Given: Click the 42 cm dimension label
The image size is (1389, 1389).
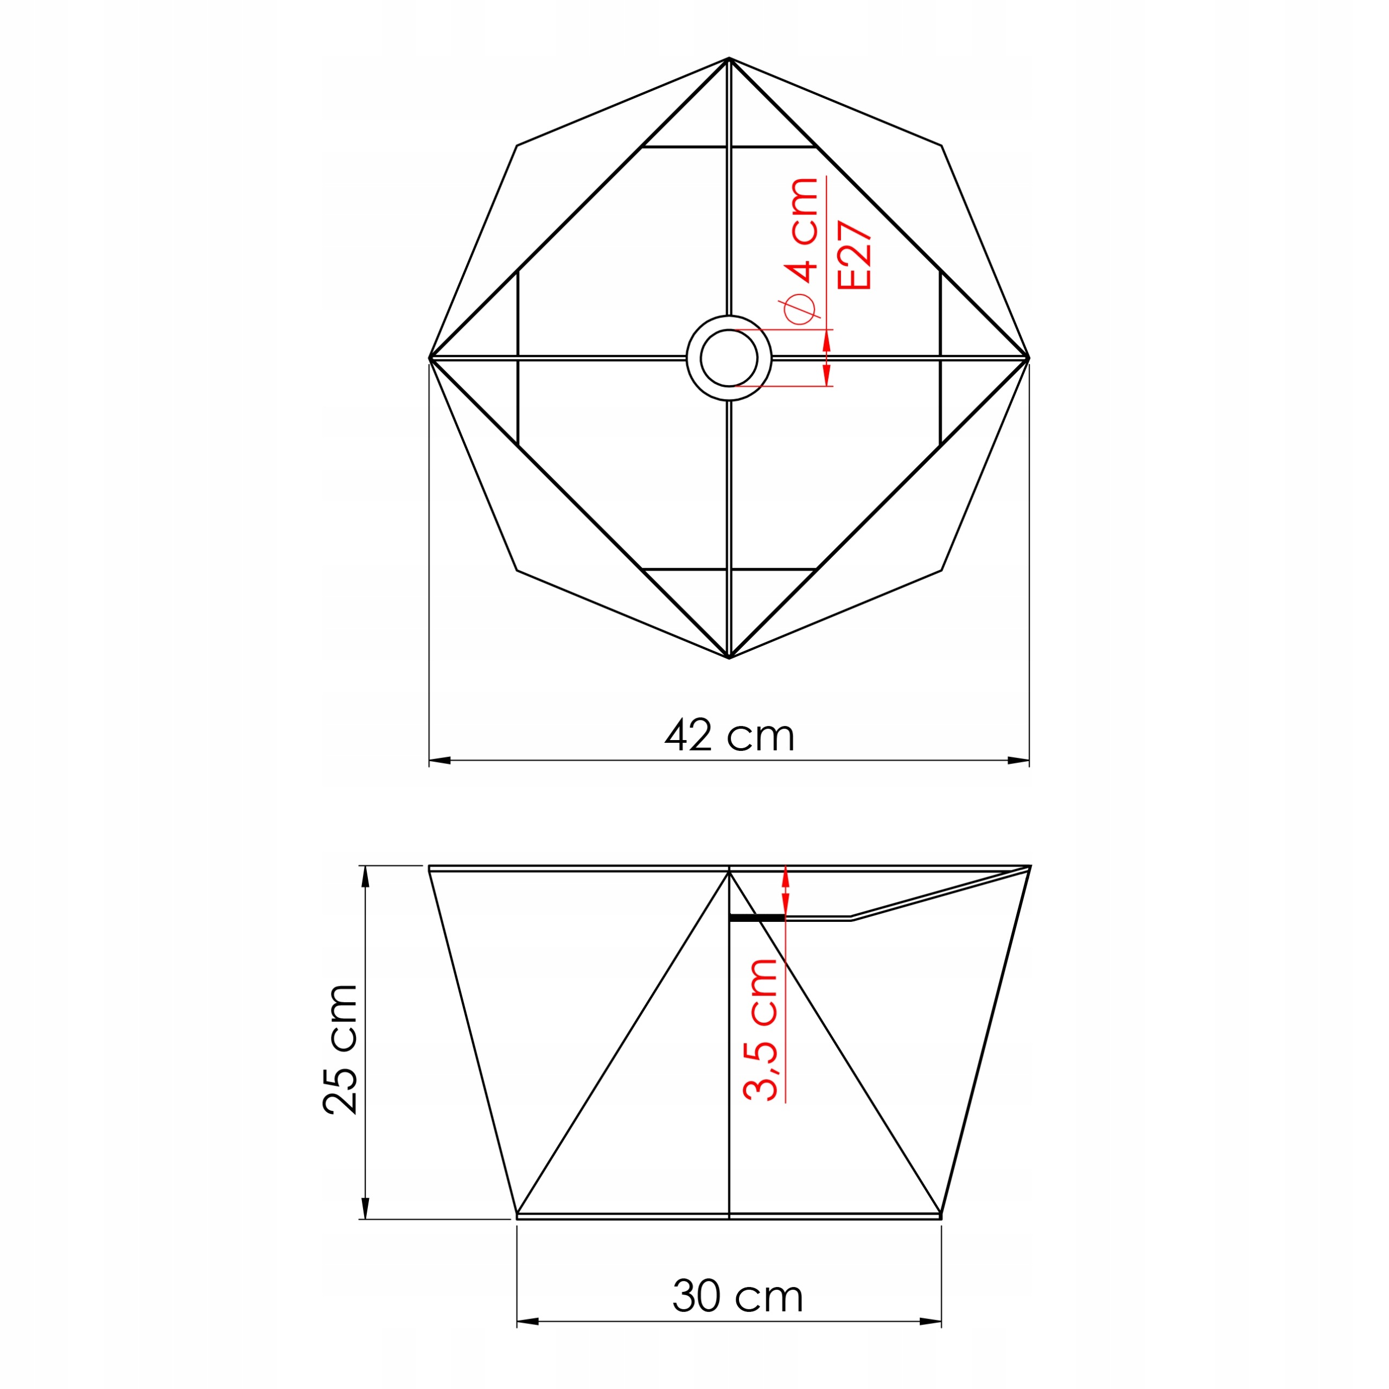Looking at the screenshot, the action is point(729,735).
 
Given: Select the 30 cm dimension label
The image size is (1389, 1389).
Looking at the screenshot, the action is point(738,1296).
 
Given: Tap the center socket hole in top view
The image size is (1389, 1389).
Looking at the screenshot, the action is point(729,358).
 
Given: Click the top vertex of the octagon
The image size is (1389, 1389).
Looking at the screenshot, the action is point(729,58).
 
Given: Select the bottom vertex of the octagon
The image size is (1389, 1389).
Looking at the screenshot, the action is point(729,658).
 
